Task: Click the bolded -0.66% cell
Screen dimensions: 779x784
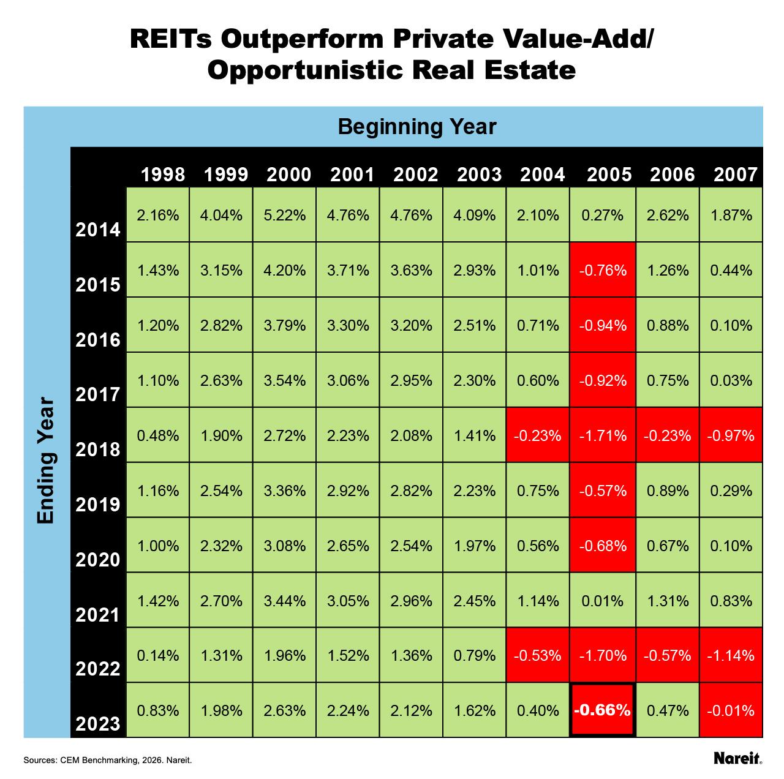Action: (603, 710)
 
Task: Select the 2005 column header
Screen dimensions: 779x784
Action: (609, 175)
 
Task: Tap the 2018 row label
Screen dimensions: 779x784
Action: (98, 450)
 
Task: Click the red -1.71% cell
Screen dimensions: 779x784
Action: (603, 435)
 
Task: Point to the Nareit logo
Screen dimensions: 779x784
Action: (737, 758)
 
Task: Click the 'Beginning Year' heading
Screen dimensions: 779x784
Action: (417, 127)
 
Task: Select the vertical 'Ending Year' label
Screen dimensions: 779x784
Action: (46, 462)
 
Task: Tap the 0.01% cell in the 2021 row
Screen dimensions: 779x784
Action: (603, 601)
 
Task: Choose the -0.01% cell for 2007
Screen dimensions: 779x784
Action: (731, 710)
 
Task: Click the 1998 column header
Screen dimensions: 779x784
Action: (162, 175)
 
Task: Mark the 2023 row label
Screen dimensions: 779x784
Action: (98, 724)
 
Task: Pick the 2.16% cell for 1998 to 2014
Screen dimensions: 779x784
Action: (158, 215)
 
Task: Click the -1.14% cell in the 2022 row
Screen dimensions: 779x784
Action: (731, 655)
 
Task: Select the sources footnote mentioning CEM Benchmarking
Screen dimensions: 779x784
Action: (108, 760)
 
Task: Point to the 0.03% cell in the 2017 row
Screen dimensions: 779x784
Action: (731, 380)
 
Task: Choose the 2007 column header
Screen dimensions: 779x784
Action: (736, 175)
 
